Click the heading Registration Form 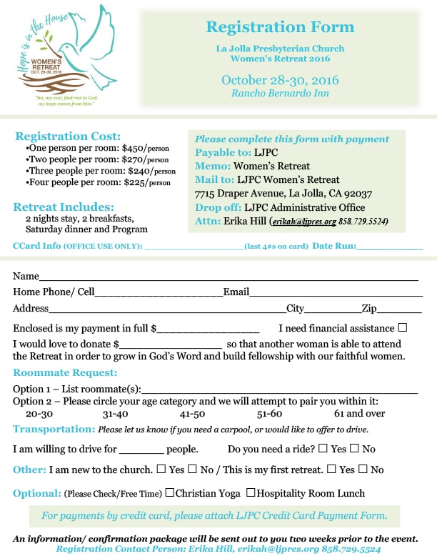pyautogui.click(x=280, y=28)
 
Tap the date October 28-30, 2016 pyautogui.click(x=280, y=79)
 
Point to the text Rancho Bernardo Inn pyautogui.click(x=280, y=93)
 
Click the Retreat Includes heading pyautogui.click(x=64, y=207)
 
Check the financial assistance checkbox pyautogui.click(x=403, y=328)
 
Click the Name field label pyautogui.click(x=26, y=276)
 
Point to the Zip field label pyautogui.click(x=368, y=309)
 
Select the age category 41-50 pyautogui.click(x=193, y=414)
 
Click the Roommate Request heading pyautogui.click(x=65, y=372)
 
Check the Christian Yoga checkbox pyautogui.click(x=170, y=492)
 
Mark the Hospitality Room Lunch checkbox pyautogui.click(x=251, y=492)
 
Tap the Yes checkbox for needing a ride pyautogui.click(x=323, y=449)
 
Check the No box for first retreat pyautogui.click(x=363, y=470)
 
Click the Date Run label pyautogui.click(x=333, y=246)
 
